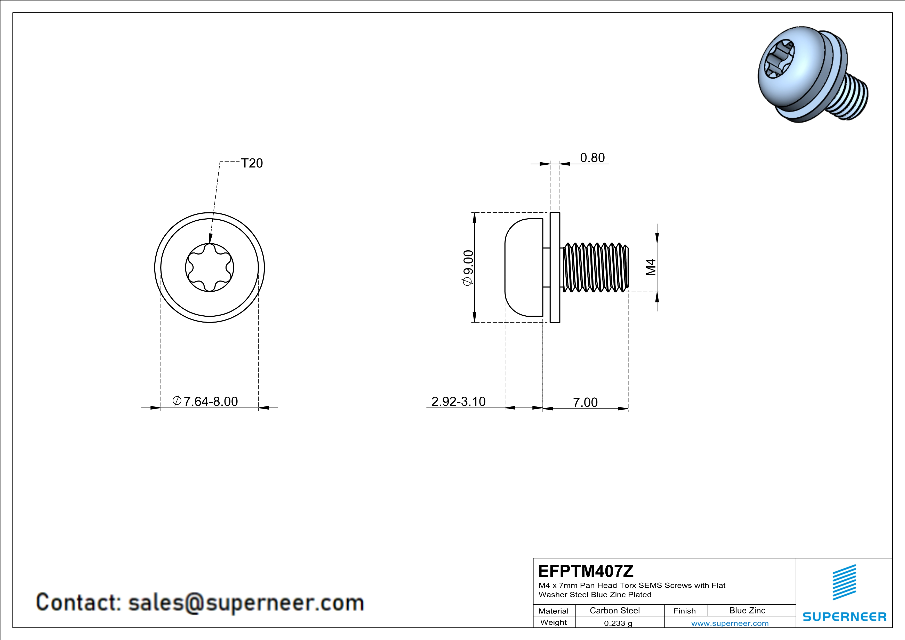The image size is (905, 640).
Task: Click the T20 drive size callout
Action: (x=252, y=163)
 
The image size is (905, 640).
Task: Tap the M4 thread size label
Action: (x=651, y=267)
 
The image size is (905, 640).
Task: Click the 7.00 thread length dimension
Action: (x=585, y=402)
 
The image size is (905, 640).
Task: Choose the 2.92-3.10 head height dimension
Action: (x=458, y=402)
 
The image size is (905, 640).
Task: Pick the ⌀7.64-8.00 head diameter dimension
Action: (x=205, y=401)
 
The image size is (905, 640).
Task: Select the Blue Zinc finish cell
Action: (x=747, y=610)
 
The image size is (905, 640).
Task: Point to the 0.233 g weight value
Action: (x=618, y=623)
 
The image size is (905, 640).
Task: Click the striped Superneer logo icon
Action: (x=844, y=582)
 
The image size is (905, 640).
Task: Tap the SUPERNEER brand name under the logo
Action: (x=845, y=617)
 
